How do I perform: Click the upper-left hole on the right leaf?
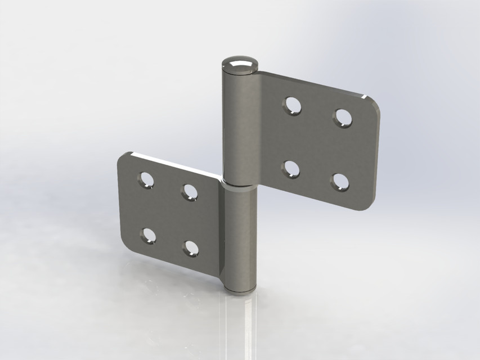(292, 106)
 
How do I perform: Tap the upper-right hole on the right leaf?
(343, 117)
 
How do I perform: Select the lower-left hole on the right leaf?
(291, 169)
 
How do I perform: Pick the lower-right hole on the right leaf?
(340, 181)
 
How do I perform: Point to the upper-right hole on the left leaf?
(190, 192)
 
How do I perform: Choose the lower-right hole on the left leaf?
(191, 248)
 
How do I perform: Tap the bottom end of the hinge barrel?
(240, 289)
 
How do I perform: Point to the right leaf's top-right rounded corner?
(371, 100)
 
